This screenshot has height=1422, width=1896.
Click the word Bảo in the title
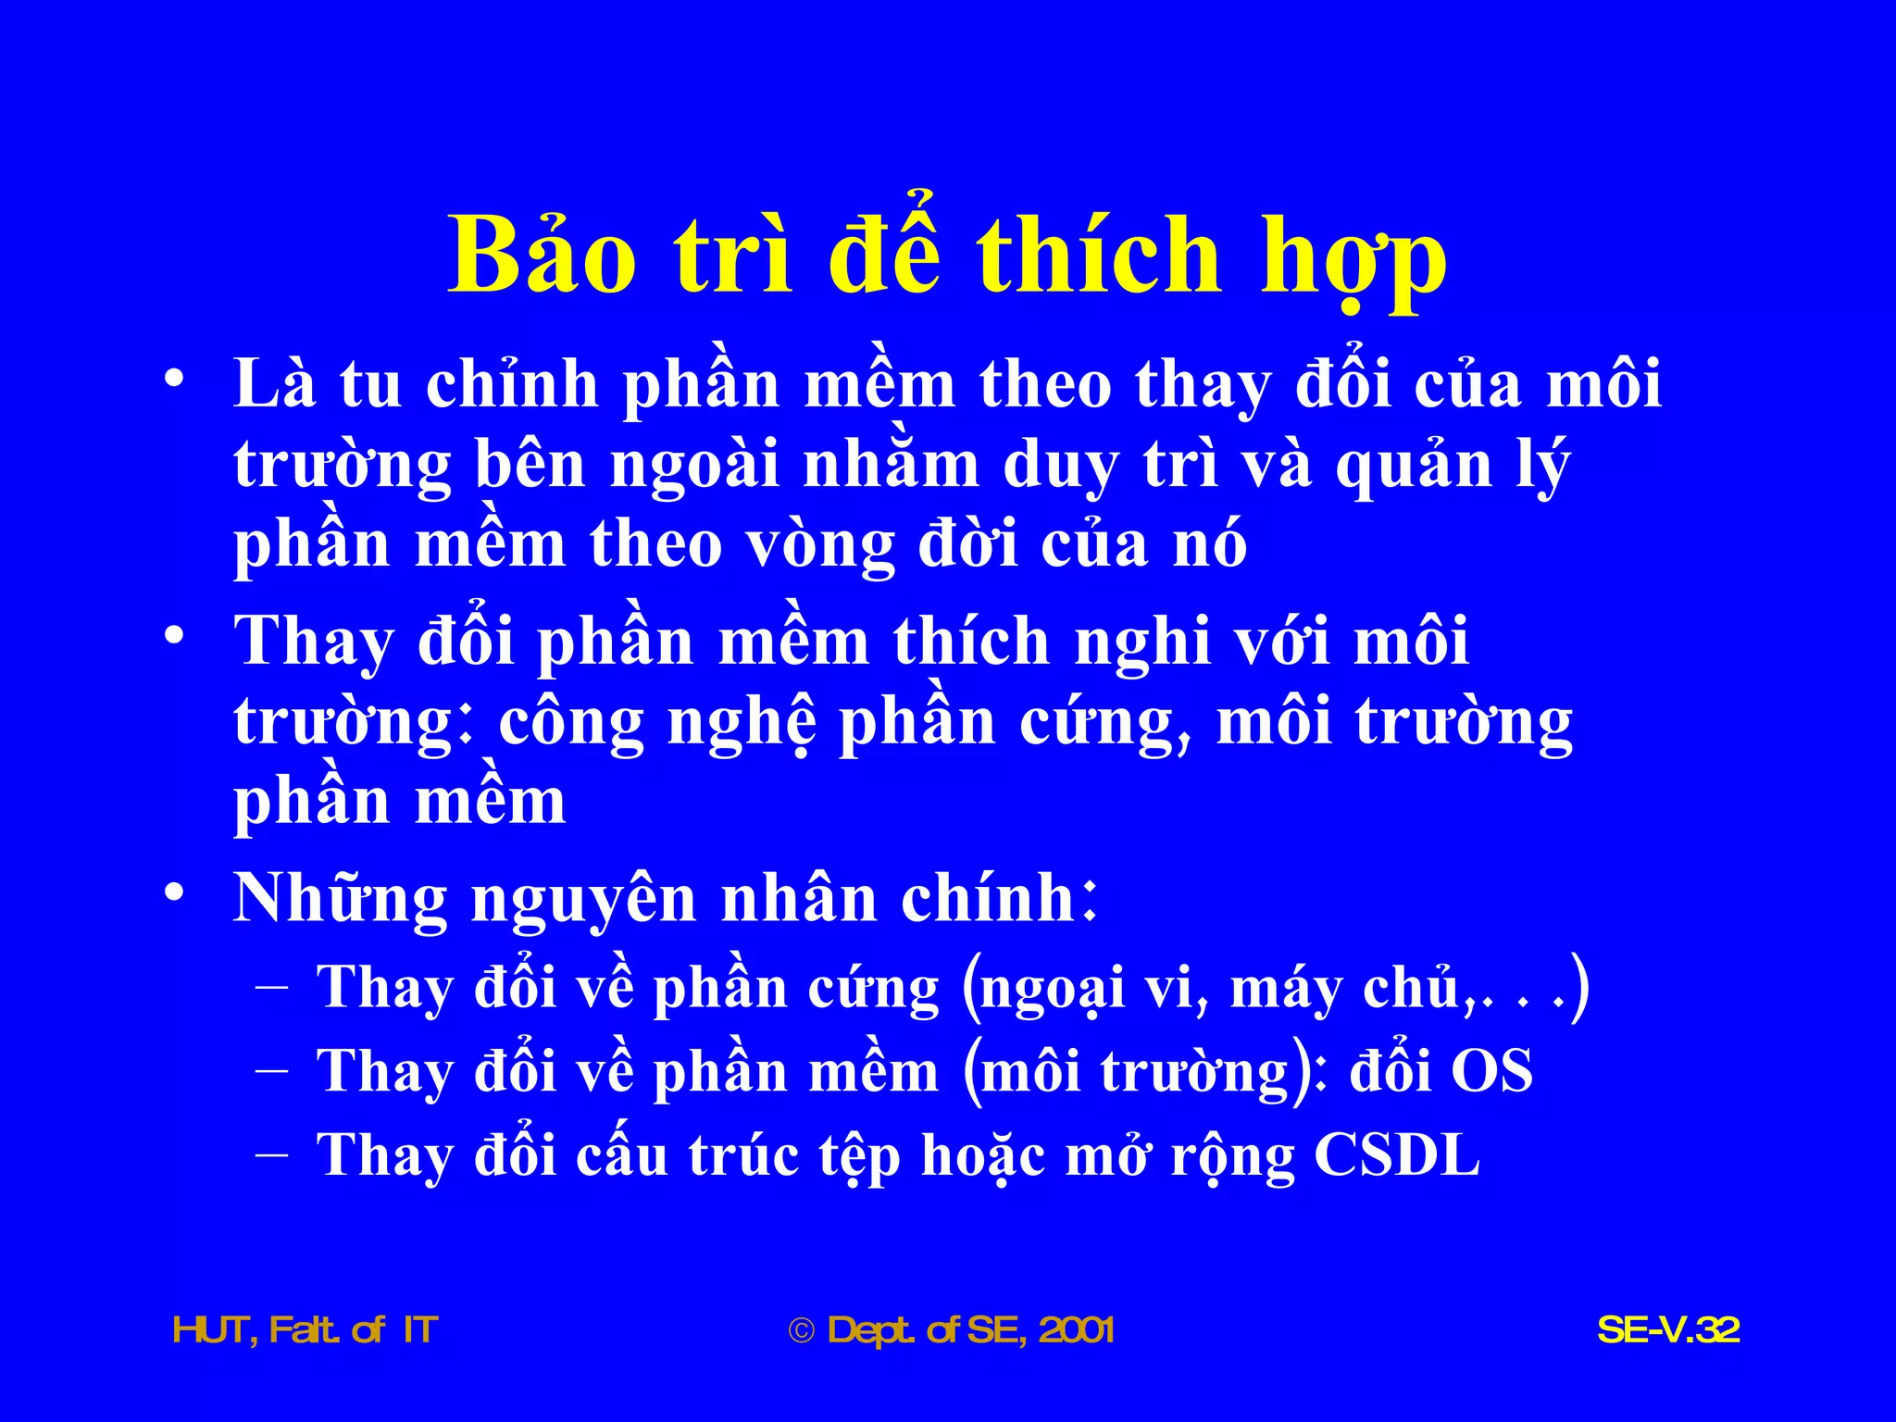point(543,256)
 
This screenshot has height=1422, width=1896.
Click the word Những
point(341,898)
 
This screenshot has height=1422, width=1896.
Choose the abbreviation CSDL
point(1397,1154)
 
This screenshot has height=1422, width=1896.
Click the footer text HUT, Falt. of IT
point(306,1330)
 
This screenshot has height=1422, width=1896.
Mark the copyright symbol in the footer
point(801,1331)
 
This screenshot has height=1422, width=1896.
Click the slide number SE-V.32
point(1668,1330)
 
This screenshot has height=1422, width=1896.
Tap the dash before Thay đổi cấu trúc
point(271,1155)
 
